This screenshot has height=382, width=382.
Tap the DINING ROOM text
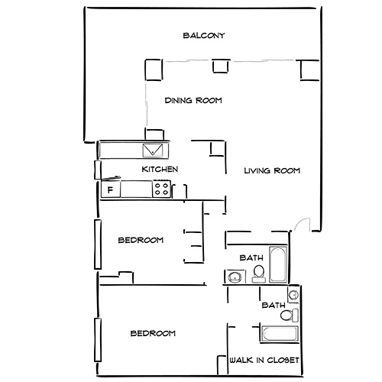(193, 100)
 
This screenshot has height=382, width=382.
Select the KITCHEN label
(160, 169)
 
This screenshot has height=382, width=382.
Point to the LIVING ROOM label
(271, 170)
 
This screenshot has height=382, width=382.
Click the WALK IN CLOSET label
(264, 360)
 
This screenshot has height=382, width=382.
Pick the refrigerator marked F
(110, 189)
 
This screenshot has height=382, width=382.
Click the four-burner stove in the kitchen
(161, 188)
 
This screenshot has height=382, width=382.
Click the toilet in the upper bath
(258, 273)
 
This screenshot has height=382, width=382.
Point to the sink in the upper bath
(232, 277)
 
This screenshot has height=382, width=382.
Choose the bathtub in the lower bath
(279, 334)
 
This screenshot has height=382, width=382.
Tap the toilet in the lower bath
(287, 314)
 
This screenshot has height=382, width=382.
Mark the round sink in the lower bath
(293, 296)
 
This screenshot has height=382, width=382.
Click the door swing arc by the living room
(303, 224)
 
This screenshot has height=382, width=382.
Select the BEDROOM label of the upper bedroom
(141, 241)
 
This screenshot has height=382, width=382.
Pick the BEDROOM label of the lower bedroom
(152, 333)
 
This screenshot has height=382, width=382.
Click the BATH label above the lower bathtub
(273, 306)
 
